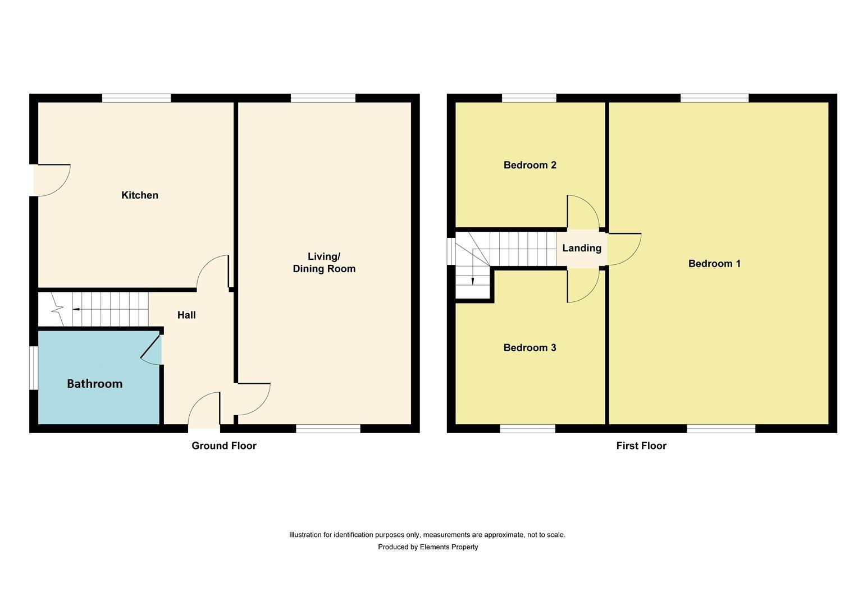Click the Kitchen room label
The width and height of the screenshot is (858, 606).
coord(140,195)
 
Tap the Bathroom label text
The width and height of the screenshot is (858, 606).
coord(94,384)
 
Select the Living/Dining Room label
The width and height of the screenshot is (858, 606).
coord(324,263)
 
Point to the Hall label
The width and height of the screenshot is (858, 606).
coord(186,315)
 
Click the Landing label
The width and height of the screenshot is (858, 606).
coord(582,248)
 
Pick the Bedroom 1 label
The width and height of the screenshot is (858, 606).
coord(714,264)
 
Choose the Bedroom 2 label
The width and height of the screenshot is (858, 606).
coord(530,165)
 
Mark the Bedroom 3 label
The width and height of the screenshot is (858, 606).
coord(530,348)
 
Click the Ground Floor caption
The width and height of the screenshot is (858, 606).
coord(223,446)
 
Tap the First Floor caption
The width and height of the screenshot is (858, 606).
coord(641,446)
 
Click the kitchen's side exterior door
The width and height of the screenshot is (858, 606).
coord(51,180)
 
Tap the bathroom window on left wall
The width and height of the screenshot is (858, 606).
coord(34,368)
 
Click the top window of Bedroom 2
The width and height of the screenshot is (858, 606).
coord(529,98)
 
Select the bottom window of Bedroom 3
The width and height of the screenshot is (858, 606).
coord(527,429)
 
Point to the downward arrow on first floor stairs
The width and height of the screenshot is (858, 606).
coord(473,280)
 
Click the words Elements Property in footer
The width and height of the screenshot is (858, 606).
coord(449,547)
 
